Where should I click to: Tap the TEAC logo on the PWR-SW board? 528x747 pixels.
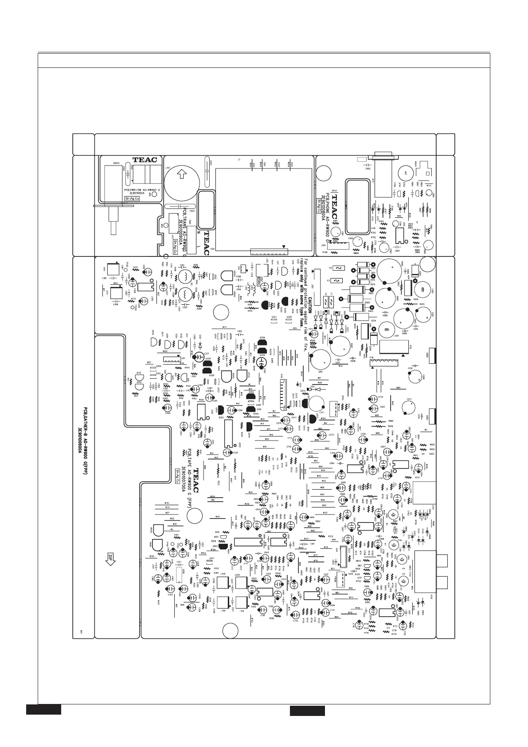point(145,160)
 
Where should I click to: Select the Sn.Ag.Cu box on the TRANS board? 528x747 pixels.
point(176,243)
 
